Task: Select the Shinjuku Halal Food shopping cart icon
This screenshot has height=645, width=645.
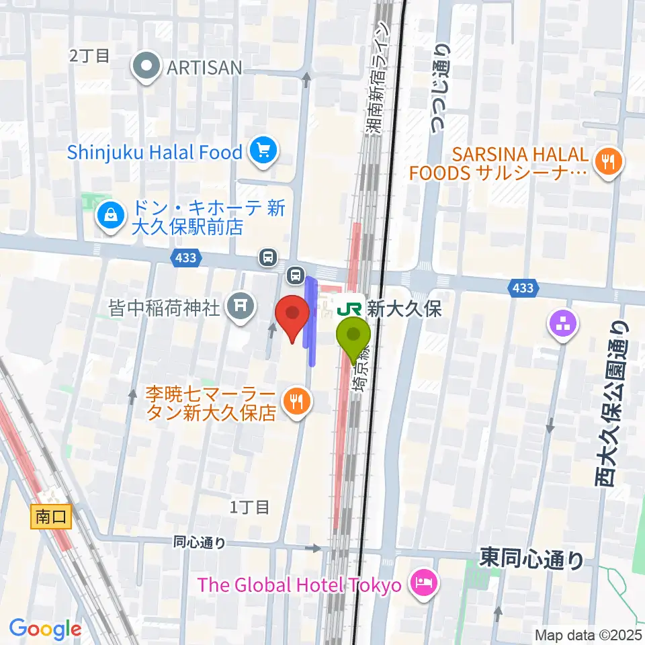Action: (x=263, y=152)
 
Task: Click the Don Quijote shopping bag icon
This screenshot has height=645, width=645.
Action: (x=108, y=216)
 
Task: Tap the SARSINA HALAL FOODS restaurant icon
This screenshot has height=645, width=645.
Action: (x=609, y=161)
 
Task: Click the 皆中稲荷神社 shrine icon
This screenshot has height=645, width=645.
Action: (x=241, y=308)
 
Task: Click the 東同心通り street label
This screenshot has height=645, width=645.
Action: (x=532, y=558)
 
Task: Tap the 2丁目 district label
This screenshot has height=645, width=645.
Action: (x=89, y=55)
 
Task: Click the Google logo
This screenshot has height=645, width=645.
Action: (x=45, y=630)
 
